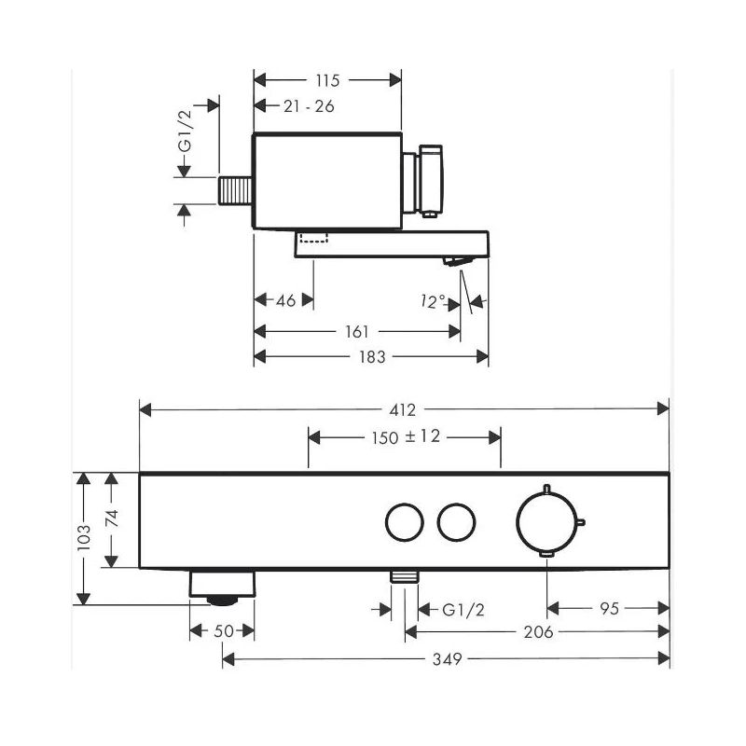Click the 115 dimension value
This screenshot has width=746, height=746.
(326, 81)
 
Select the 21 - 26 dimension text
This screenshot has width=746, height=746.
(309, 106)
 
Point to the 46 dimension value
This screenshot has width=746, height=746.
(286, 300)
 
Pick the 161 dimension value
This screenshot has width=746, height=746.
(356, 331)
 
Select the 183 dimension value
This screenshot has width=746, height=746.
(373, 356)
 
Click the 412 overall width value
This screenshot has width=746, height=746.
(403, 408)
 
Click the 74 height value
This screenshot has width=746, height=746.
(111, 519)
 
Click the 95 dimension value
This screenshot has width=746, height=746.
(607, 609)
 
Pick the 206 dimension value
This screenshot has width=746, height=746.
(539, 632)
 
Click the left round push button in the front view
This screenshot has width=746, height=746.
(404, 522)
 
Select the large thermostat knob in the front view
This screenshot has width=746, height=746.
(546, 522)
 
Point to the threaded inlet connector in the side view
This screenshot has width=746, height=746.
(236, 190)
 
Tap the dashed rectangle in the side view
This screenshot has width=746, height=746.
(313, 236)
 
